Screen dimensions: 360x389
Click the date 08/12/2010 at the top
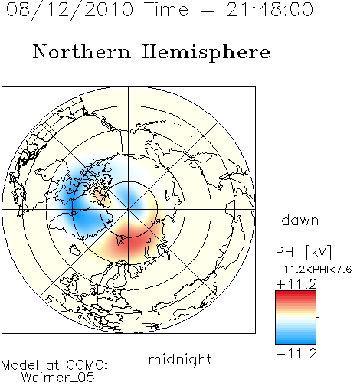point(70,10)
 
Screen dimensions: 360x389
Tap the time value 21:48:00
point(270,9)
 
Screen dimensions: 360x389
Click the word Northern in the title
point(82,51)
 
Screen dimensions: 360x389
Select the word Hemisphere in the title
point(206,53)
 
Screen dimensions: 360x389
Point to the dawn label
point(300,220)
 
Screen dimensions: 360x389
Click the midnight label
point(180,359)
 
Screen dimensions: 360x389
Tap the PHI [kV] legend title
point(303,252)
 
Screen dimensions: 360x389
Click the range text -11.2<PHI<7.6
point(314,270)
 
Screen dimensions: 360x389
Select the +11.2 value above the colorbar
point(296,284)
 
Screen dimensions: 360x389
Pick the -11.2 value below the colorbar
point(296,354)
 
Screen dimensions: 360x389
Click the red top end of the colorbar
point(296,293)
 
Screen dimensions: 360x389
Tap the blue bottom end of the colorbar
point(296,342)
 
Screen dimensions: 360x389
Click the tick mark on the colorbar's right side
point(318,317)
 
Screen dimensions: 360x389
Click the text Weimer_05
point(58,378)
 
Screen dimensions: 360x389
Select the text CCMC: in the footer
point(87,365)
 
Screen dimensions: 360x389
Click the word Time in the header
point(166,9)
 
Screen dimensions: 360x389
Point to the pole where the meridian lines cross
point(129,210)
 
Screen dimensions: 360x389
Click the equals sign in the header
point(208,10)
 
